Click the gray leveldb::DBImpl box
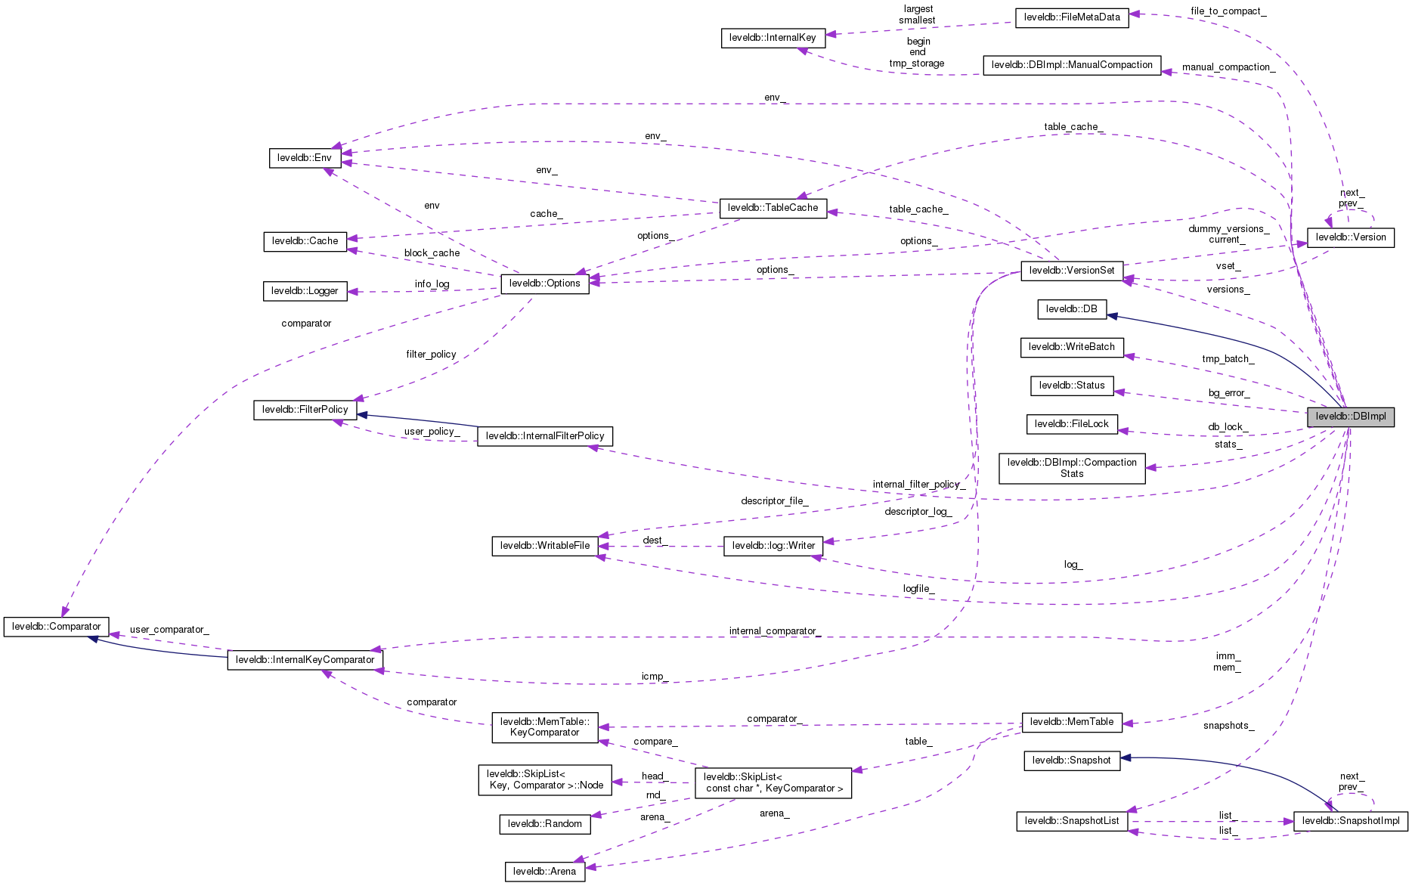coord(1351,417)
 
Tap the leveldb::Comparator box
coord(57,627)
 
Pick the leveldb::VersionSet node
coord(1072,271)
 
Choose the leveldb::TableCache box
coord(773,208)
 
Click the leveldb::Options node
coord(545,283)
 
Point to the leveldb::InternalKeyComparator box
coord(305,660)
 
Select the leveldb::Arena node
coord(544,872)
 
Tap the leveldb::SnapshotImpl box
coord(1351,821)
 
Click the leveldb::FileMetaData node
coord(1072,17)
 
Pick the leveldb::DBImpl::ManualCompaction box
coord(1072,65)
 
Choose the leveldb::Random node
coord(545,824)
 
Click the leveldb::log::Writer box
coord(773,546)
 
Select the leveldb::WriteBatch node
coord(1072,347)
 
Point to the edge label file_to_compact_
coord(1228,11)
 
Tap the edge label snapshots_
coord(1228,726)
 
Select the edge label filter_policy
coord(431,355)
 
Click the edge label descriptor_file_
coord(774,501)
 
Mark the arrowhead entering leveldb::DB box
coord(1113,315)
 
